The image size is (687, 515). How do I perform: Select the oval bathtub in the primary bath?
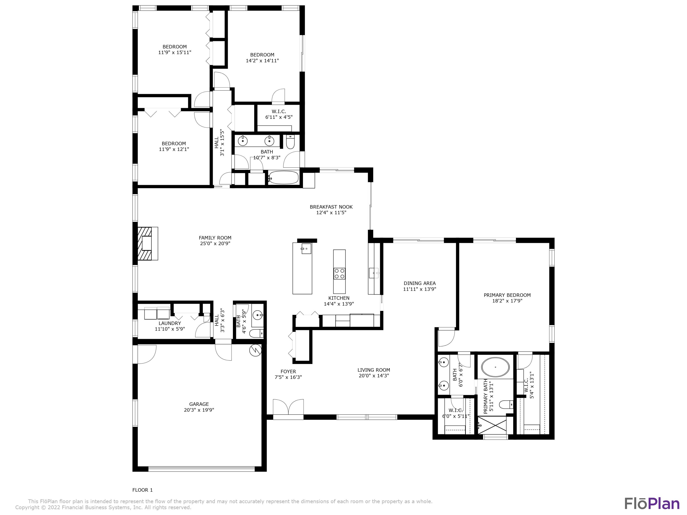(x=495, y=367)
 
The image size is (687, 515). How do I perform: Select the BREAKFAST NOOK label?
(x=331, y=207)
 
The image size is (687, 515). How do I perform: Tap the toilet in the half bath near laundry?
(x=256, y=334)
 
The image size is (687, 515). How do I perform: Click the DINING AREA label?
(x=420, y=283)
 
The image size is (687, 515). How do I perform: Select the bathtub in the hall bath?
(x=283, y=178)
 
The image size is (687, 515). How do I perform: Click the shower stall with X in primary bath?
(x=492, y=425)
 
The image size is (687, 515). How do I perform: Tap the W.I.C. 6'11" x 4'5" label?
(x=279, y=114)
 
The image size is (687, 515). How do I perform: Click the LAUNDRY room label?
(x=170, y=323)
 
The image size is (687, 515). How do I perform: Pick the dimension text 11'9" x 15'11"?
(x=174, y=52)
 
